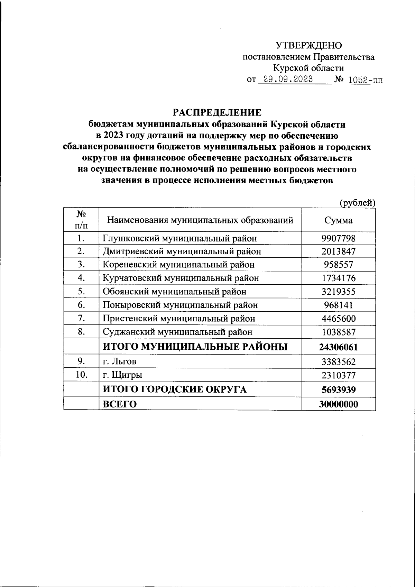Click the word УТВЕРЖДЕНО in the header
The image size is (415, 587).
[308, 45]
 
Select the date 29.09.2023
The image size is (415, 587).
[288, 79]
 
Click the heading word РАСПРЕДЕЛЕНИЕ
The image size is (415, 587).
[217, 112]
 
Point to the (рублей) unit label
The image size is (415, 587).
[358, 203]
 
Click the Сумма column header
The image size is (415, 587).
[338, 220]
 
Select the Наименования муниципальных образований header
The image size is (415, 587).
[200, 220]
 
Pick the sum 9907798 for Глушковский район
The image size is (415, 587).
[338, 238]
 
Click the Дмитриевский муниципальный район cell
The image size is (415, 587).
[182, 251]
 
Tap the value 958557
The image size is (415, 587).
[338, 265]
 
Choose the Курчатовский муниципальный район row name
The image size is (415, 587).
[181, 278]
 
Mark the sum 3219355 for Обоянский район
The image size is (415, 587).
[338, 292]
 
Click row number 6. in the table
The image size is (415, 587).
[81, 305]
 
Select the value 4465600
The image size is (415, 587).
[338, 319]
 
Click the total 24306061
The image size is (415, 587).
[338, 347]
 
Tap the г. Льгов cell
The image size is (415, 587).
[120, 362]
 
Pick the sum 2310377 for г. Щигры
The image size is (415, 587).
[338, 375]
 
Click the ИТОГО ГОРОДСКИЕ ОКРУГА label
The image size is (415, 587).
[175, 390]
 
